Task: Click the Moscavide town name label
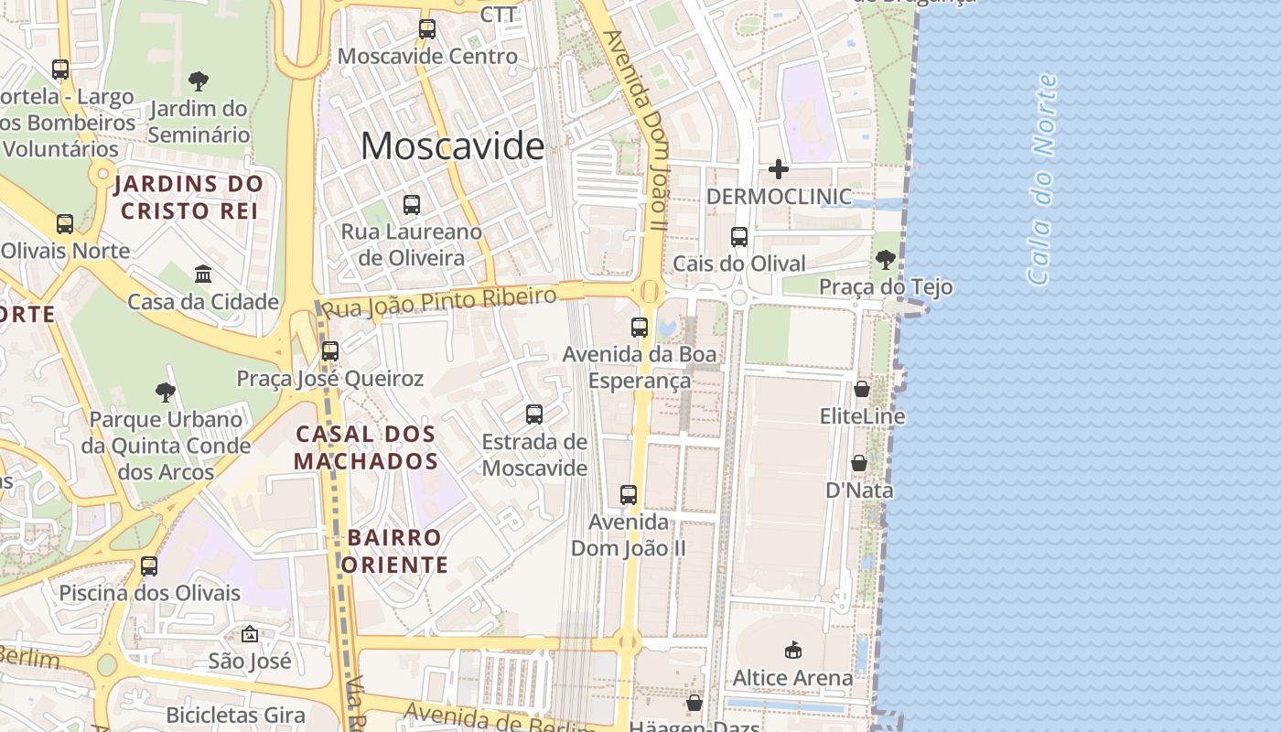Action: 452,145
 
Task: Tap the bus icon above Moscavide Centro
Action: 427,29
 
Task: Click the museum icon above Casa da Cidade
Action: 203,274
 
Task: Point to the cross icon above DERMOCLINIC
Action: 779,169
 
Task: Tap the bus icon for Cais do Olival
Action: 739,237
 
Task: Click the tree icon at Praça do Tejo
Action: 885,260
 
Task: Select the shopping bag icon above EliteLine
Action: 862,390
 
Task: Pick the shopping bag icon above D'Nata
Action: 859,464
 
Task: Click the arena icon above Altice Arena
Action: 792,651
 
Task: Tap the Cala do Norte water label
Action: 1043,178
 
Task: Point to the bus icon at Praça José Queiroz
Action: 330,351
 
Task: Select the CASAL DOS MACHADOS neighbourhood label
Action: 366,447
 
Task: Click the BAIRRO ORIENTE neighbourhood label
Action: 395,551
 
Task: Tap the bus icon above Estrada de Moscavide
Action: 534,414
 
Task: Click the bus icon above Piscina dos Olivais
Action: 149,566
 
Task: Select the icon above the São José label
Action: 249,634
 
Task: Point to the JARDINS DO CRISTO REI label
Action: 188,197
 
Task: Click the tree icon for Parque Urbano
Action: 166,393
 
